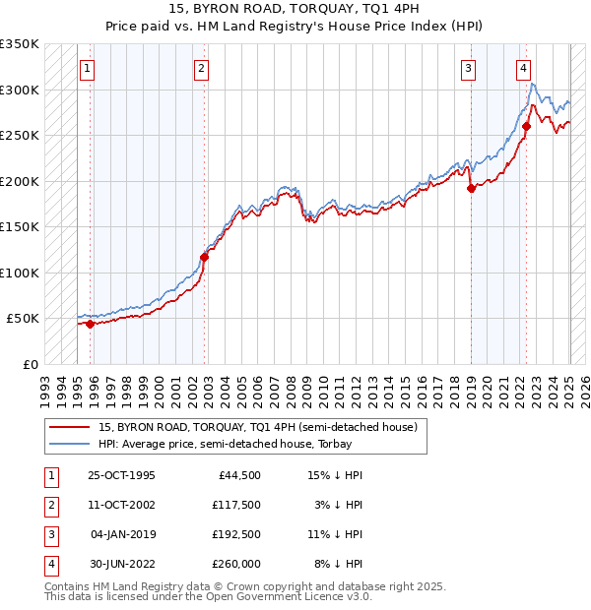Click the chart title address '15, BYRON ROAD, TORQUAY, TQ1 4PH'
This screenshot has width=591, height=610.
click(295, 10)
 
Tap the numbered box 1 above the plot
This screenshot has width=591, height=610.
click(89, 69)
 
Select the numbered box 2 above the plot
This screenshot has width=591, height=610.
click(201, 69)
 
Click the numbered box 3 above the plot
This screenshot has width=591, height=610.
click(468, 69)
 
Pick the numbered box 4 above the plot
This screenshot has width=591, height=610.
click(523, 69)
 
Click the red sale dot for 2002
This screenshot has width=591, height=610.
click(204, 257)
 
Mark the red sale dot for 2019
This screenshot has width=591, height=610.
click(471, 189)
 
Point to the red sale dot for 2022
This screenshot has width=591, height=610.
click(527, 126)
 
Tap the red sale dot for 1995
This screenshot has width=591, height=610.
click(90, 324)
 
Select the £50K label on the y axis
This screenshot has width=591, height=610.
click(22, 319)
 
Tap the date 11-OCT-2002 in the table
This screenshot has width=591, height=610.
click(122, 506)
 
